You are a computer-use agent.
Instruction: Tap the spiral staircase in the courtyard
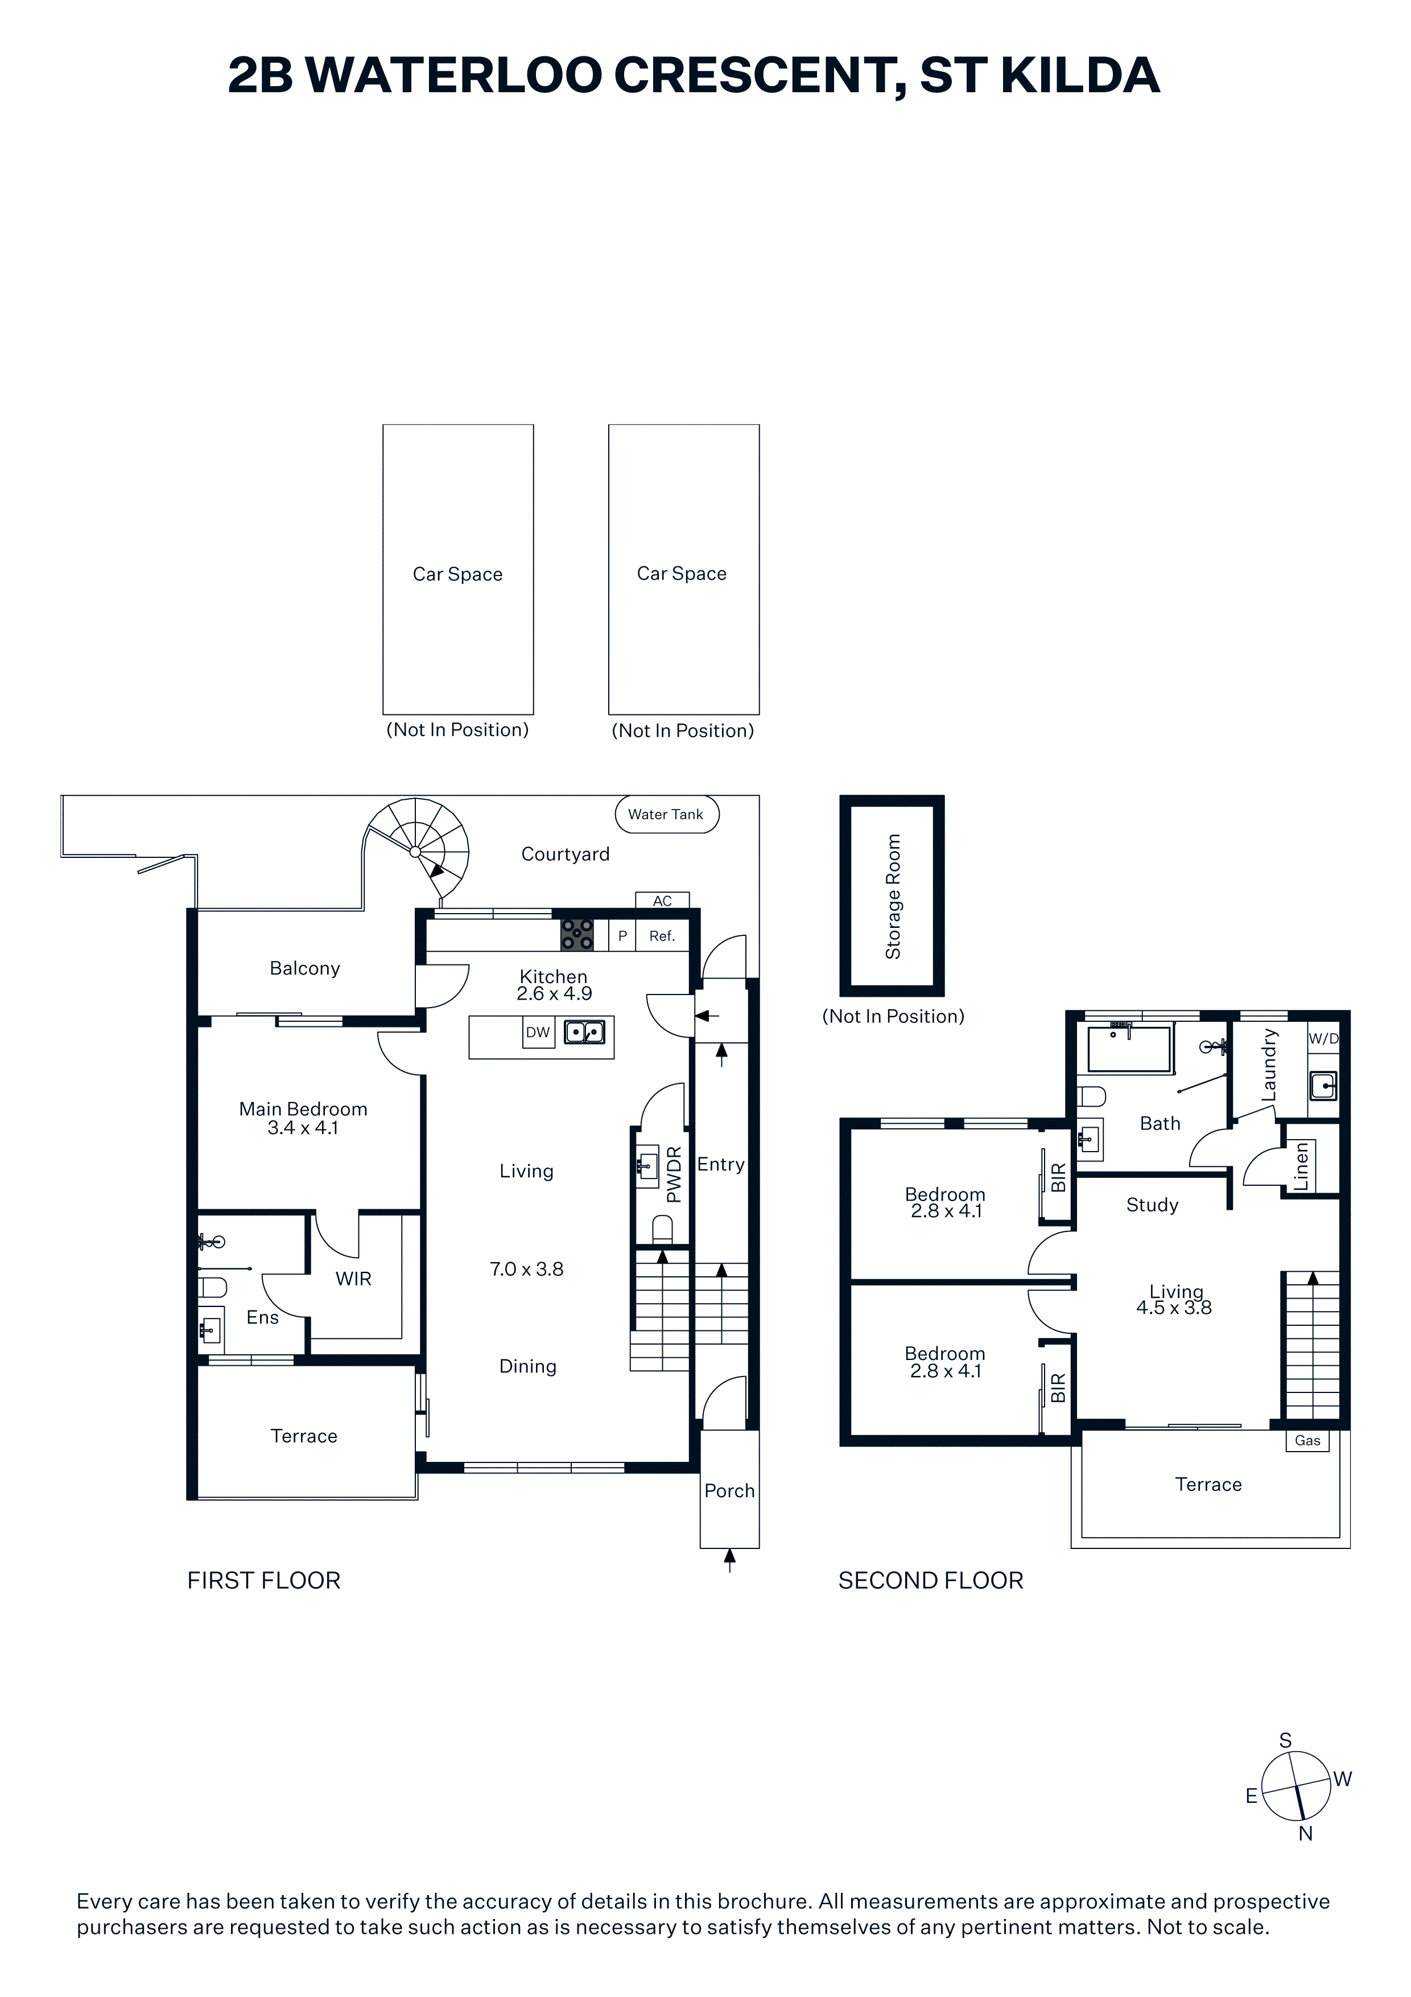coord(416,849)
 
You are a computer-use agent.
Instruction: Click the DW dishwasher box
coord(538,1033)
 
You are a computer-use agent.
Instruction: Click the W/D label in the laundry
coord(1323,1038)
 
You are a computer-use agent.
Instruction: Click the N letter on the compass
coord(1305,1834)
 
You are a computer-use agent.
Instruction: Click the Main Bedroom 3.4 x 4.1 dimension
coord(303,1128)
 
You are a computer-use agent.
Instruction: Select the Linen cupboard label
coord(1301,1166)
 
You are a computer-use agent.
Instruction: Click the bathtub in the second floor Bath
coord(1130,1049)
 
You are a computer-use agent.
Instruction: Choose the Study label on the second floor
coord(1152,1206)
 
